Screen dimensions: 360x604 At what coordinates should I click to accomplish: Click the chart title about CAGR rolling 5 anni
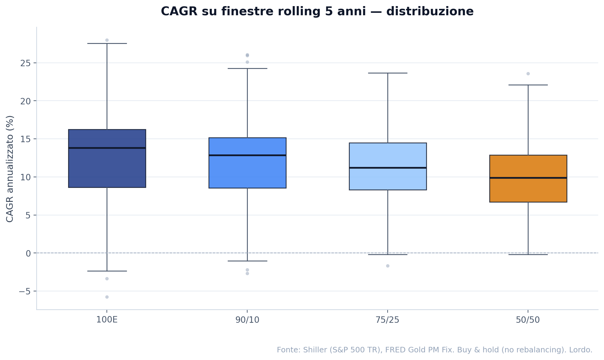click(317, 12)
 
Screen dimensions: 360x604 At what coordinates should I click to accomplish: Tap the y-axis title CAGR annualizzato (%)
click(10, 169)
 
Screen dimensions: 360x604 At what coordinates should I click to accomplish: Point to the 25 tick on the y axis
click(25, 63)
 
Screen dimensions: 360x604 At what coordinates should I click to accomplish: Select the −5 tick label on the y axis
click(25, 291)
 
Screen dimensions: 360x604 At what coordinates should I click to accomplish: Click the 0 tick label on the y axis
click(28, 253)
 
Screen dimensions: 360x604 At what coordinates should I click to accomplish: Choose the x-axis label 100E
click(107, 320)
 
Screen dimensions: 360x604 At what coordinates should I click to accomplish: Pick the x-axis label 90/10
click(247, 320)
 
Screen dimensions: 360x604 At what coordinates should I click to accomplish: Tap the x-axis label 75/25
click(388, 320)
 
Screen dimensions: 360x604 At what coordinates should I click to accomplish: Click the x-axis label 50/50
click(528, 320)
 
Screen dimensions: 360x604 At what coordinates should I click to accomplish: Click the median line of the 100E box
click(107, 148)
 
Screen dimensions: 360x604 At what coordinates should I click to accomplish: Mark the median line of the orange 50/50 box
click(528, 178)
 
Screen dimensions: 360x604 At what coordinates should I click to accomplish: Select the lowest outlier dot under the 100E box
click(107, 297)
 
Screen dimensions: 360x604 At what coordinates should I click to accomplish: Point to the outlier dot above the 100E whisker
click(107, 40)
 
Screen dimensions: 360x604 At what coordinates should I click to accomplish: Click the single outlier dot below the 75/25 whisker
click(388, 266)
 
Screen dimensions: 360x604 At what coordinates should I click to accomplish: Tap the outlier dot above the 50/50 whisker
click(528, 74)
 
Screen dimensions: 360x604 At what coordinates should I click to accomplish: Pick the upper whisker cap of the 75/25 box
click(388, 73)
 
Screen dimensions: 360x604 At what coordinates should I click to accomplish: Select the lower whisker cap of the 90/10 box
click(247, 261)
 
